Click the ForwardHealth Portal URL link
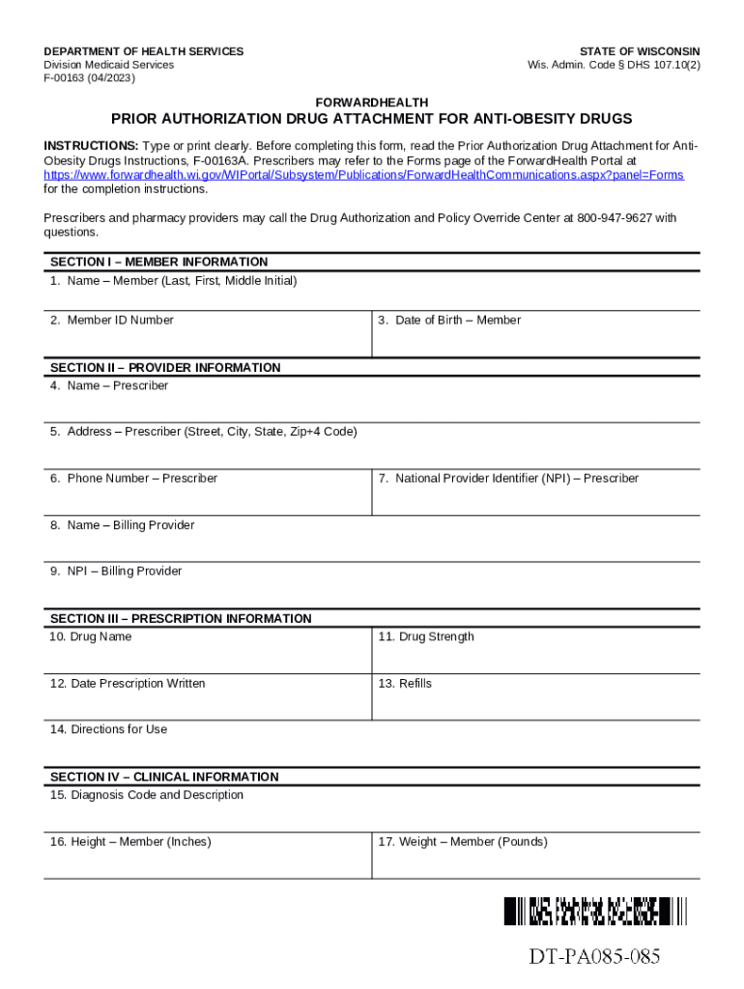(x=363, y=175)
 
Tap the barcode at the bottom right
(x=594, y=911)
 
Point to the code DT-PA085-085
(x=594, y=957)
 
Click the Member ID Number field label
(x=112, y=320)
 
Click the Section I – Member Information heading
(x=158, y=262)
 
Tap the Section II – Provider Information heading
(x=165, y=367)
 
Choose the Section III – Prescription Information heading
(x=181, y=618)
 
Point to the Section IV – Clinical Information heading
(x=164, y=777)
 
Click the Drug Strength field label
(x=426, y=636)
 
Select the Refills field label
(x=405, y=683)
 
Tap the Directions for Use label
(x=108, y=729)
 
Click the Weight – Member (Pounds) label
(x=463, y=841)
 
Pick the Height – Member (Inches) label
(x=130, y=841)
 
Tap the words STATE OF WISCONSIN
(x=640, y=51)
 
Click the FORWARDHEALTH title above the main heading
(x=372, y=102)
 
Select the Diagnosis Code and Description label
(x=147, y=795)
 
